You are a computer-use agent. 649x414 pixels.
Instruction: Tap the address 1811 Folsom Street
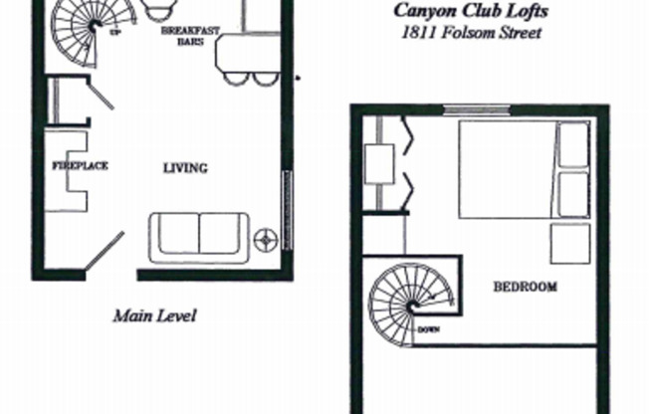pos(457,33)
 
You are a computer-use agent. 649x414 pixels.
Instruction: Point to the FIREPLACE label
pos(80,165)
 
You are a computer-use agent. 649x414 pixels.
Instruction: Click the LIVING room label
pos(185,168)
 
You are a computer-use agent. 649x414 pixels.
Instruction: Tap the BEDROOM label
pos(525,288)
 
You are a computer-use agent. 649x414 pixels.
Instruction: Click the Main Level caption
pos(154,316)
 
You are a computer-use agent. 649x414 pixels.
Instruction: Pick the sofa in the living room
pos(198,235)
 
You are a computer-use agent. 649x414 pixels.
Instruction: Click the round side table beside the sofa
pos(266,239)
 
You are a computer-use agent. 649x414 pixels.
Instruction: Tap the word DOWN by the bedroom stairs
pos(430,329)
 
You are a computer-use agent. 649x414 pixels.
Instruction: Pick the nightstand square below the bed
pos(569,243)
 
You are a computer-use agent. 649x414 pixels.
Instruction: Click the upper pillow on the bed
pos(572,145)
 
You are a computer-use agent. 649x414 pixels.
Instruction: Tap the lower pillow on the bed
pos(572,194)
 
